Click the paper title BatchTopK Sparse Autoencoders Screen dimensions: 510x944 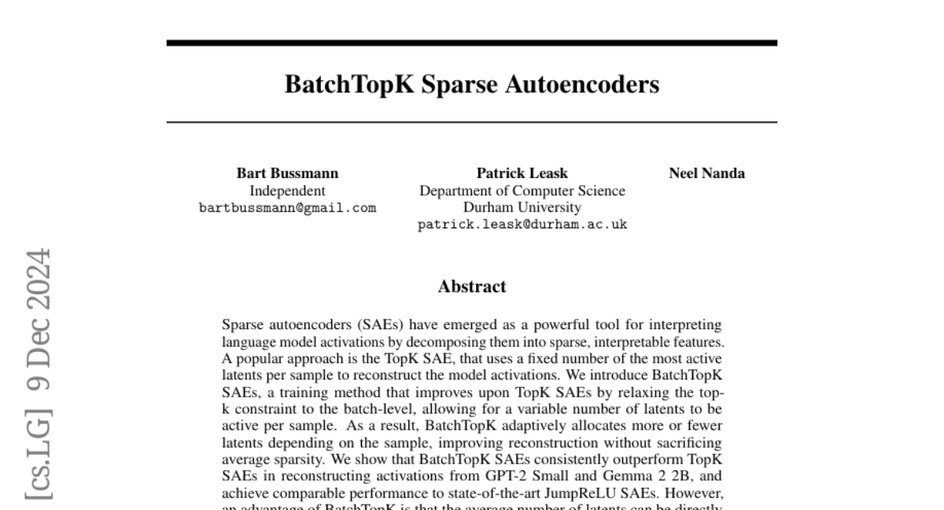471,84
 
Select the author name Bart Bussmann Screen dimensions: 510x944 287,173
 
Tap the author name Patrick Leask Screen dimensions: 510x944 522,173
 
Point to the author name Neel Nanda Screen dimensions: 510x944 706,173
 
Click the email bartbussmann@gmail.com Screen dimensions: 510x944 287,209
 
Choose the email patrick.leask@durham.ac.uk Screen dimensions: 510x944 522,225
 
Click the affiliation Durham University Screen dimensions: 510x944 522,208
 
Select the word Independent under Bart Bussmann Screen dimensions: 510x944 287,190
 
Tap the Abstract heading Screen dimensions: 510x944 471,286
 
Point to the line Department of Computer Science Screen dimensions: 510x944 522,190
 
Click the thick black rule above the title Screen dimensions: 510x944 471,42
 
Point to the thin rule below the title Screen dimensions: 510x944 471,122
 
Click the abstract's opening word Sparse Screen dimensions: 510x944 243,324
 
